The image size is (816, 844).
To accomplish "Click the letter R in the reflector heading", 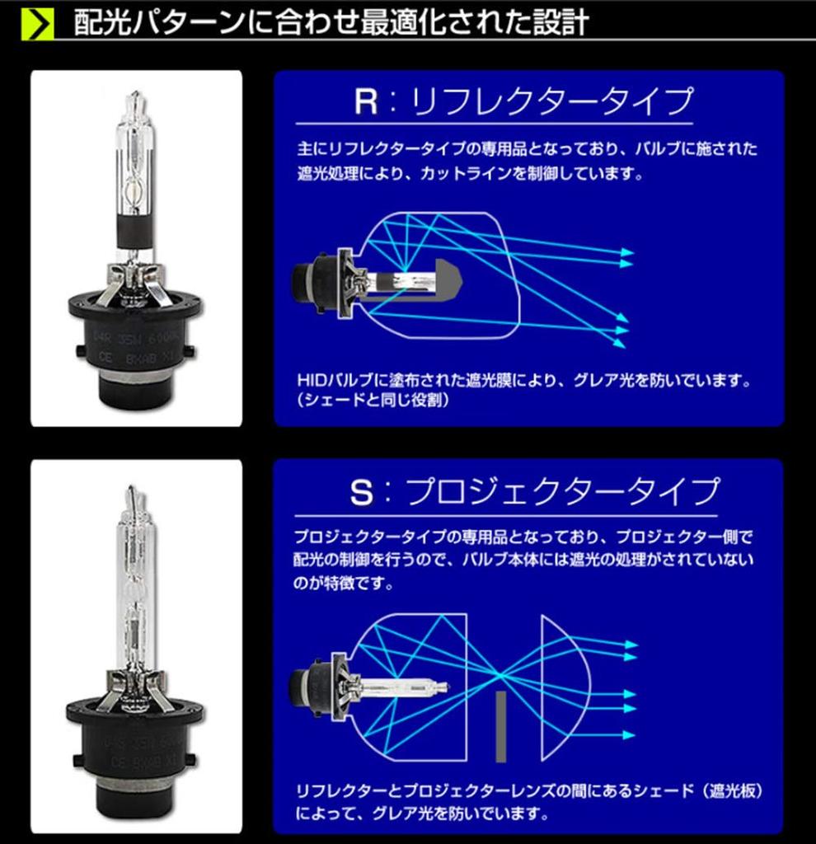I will (366, 102).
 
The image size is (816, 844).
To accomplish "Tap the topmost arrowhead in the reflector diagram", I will (628, 251).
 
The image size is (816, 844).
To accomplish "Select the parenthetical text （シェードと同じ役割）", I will (371, 401).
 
